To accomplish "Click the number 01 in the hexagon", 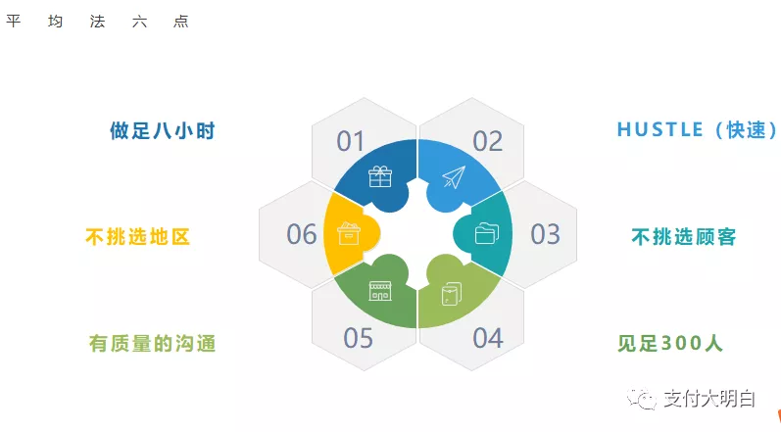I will coord(351,142).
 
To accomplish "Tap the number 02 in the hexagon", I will coord(487,142).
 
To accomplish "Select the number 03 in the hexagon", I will coord(545,235).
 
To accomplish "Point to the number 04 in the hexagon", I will coord(487,339).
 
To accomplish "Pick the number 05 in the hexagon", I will coord(359,339).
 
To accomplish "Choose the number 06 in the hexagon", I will coord(302,235).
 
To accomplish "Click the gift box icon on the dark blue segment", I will coord(380,176).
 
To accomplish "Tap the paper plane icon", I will coord(453,177).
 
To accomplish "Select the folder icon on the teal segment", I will coord(486,234).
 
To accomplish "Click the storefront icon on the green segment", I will coord(380,291).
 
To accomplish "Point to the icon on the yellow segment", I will coord(349,234).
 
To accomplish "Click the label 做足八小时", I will coord(162,131).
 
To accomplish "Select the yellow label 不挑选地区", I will coord(136,237).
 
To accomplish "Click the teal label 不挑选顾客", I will coord(683,237).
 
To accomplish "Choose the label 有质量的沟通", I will coord(152,344).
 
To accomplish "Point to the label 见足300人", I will coord(669,344).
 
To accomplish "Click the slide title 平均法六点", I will coord(97,22).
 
